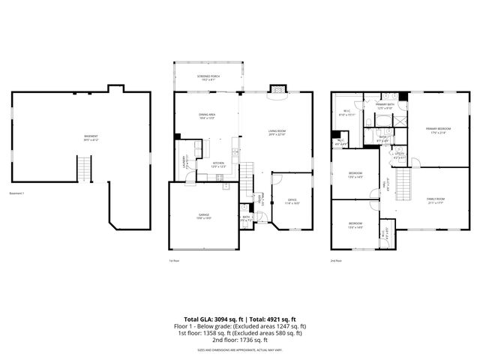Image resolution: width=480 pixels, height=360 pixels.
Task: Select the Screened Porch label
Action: pyautogui.click(x=208, y=77)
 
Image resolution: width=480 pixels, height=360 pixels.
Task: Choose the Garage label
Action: pyautogui.click(x=204, y=216)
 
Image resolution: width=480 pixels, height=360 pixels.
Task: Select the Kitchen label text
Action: pyautogui.click(x=218, y=164)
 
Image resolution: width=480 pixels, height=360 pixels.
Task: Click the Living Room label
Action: pyautogui.click(x=278, y=133)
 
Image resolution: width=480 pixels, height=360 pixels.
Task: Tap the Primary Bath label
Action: pyautogui.click(x=385, y=106)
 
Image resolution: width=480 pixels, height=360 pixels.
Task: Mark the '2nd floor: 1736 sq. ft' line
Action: pyautogui.click(x=239, y=340)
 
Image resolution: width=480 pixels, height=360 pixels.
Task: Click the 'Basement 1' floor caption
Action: pyautogui.click(x=17, y=193)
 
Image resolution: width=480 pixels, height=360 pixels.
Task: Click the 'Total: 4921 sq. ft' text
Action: pyautogui.click(x=272, y=319)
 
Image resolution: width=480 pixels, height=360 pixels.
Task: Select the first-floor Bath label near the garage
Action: pyautogui.click(x=246, y=218)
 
